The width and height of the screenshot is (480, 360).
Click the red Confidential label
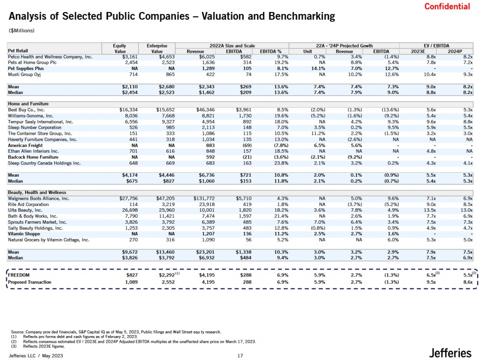(x=447, y=6)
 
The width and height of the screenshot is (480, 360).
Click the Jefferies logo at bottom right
(x=450, y=353)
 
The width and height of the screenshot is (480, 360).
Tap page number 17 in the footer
(x=240, y=355)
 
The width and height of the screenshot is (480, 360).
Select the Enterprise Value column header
(x=157, y=48)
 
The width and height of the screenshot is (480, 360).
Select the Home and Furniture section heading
(x=28, y=104)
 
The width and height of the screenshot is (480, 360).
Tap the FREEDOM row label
(x=19, y=275)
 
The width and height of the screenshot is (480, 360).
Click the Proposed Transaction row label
(x=30, y=282)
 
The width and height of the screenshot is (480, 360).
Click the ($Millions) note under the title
(x=22, y=31)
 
